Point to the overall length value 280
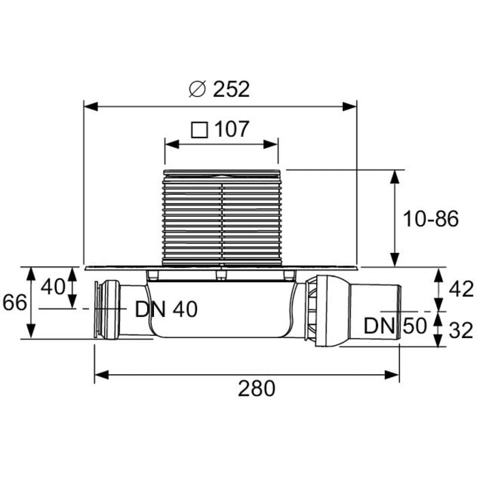coord(257,389)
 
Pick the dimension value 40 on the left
coord(53,286)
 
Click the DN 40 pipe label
coord(166,309)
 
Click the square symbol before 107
coord(199,129)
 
